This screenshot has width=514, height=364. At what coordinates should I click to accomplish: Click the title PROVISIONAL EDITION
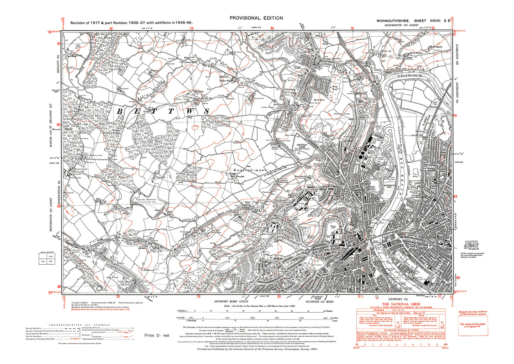tap(256, 18)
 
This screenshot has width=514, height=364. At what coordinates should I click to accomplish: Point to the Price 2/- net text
tap(157, 336)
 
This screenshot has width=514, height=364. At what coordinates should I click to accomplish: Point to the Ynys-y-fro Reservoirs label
tap(145, 200)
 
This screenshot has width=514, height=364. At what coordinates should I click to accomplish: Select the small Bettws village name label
tap(198, 91)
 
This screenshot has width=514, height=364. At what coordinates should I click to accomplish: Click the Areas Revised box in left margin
tap(45, 258)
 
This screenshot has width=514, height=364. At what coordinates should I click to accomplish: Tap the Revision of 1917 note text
tap(132, 23)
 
